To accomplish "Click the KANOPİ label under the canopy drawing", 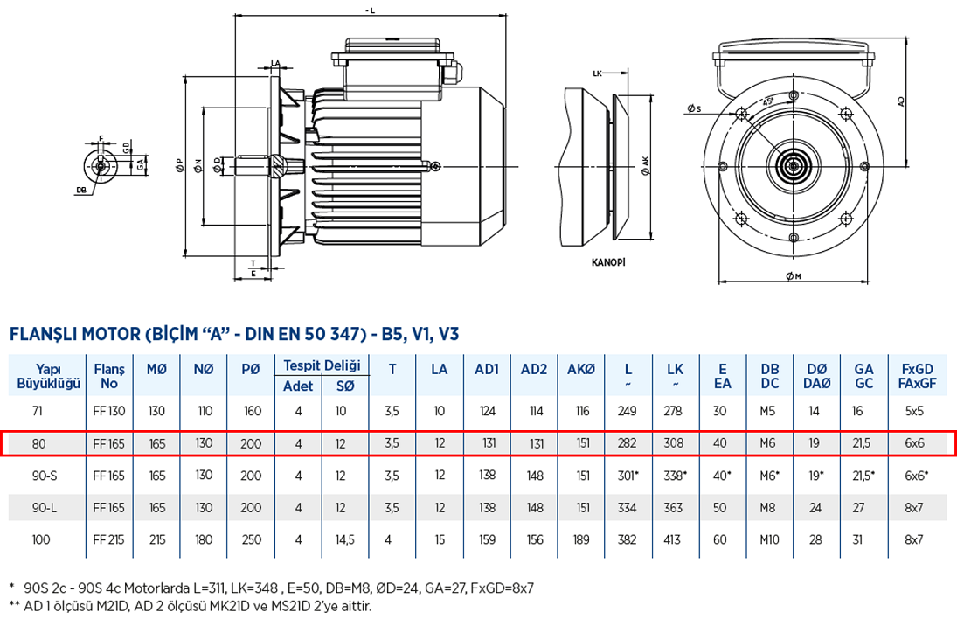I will click(x=609, y=261).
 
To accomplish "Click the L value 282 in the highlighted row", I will click(x=628, y=443).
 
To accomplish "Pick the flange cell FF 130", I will click(x=109, y=411).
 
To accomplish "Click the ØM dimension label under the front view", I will click(x=793, y=277).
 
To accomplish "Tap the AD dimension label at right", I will click(x=901, y=101).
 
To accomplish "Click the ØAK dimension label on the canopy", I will click(x=645, y=165).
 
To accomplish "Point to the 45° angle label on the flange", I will click(x=768, y=101).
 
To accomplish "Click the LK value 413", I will click(x=675, y=539).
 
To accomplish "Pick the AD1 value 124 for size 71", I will click(x=487, y=411).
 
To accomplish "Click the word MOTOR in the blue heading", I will click(x=111, y=334).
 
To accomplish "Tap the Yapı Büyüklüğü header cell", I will click(x=48, y=376).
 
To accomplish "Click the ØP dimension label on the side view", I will click(x=179, y=165).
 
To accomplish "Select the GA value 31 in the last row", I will click(x=863, y=539).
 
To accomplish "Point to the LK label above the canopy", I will click(x=598, y=73).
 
